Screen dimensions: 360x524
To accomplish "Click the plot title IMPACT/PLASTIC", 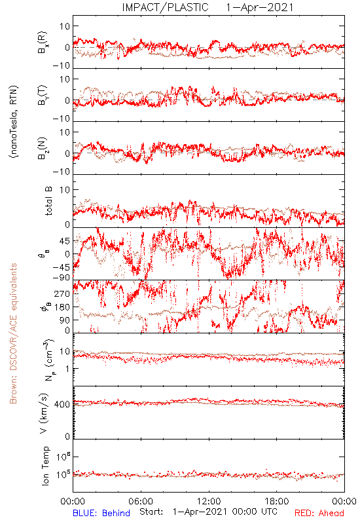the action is click(166, 7).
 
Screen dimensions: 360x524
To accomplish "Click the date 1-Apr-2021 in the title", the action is click(260, 7).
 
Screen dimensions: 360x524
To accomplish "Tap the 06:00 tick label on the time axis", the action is click(141, 501).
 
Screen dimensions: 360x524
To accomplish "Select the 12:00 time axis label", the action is click(209, 501).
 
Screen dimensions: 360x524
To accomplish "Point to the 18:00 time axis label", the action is click(277, 501).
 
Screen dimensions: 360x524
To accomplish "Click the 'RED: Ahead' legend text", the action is click(319, 513).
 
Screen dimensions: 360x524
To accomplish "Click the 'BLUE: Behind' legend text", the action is click(101, 513).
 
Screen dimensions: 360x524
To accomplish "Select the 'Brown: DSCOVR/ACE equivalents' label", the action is click(13, 333).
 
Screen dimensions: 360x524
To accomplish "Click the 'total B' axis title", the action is click(48, 201).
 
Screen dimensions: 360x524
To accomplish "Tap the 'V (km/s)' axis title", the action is click(44, 413).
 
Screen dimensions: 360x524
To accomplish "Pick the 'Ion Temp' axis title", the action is click(45, 466).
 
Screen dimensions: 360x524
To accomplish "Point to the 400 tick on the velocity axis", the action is click(62, 404).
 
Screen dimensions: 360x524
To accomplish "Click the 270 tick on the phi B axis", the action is click(62, 293).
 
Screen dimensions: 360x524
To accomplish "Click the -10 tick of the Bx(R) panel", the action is click(62, 65).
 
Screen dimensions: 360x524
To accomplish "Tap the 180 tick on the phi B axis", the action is click(62, 307).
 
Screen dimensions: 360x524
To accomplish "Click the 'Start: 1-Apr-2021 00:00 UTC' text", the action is click(209, 512).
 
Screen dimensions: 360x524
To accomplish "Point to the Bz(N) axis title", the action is click(42, 148).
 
